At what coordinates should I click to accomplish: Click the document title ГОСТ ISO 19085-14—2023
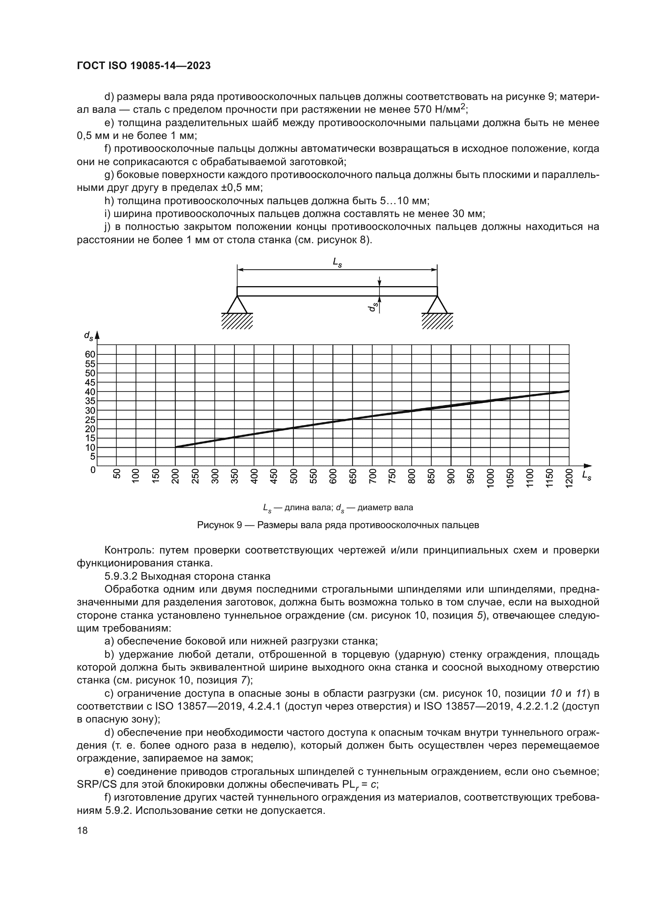coord(144,66)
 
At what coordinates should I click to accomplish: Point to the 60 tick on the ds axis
coord(90,354)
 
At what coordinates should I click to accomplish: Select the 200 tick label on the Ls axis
coord(175,476)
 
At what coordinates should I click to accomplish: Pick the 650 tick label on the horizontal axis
coord(352,476)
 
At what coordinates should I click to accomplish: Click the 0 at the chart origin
coord(93,470)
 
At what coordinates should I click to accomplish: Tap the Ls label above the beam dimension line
coord(337,262)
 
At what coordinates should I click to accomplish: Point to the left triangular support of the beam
coord(237,305)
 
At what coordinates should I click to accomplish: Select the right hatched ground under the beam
coord(437,320)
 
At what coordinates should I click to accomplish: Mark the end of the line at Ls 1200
coord(568,391)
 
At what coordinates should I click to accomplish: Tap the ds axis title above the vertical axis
coord(88,336)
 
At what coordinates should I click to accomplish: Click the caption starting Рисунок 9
coord(338,525)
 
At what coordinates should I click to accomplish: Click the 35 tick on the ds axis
coord(90,401)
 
